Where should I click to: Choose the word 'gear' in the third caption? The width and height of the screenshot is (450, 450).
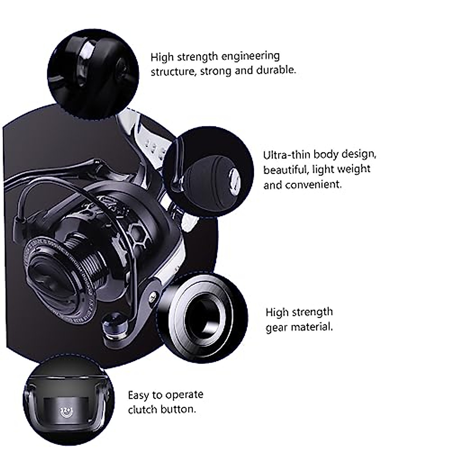(277, 328)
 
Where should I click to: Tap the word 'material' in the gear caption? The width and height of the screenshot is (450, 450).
(312, 327)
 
